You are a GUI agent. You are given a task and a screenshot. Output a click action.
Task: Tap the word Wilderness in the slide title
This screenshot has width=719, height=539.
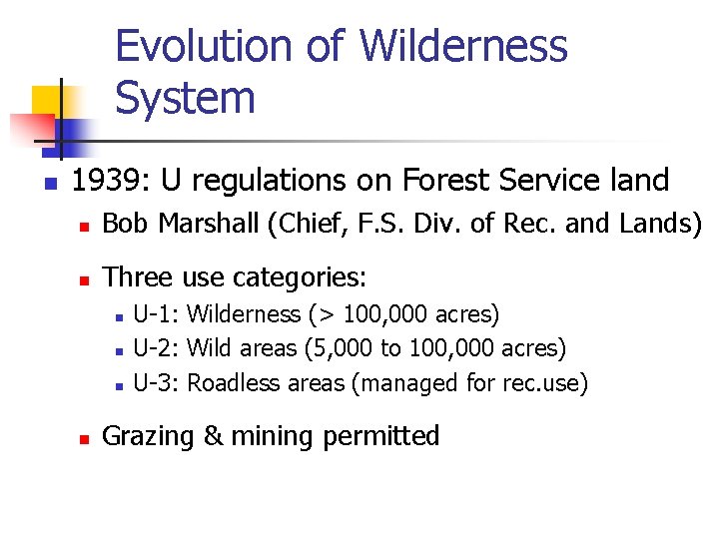(462, 47)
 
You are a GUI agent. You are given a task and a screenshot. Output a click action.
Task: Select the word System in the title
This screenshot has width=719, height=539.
(185, 98)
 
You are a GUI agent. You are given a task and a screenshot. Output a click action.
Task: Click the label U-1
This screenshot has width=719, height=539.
(155, 314)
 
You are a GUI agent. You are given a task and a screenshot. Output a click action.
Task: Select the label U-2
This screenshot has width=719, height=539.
(155, 348)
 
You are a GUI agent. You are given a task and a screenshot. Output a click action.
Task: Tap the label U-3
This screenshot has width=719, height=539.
(155, 382)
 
